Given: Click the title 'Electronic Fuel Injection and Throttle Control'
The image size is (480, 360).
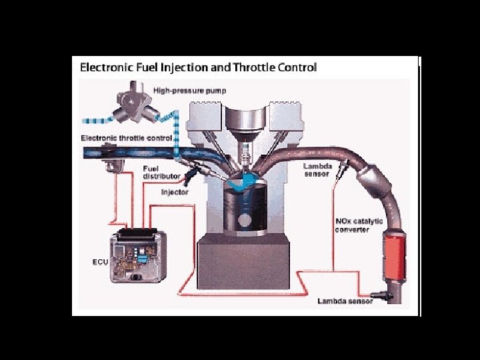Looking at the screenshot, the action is [x=198, y=67].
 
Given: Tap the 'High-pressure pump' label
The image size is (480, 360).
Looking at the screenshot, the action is [x=189, y=91].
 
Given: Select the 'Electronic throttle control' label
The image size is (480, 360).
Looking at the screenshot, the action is [x=126, y=137].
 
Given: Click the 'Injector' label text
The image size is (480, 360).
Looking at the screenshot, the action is [x=175, y=192].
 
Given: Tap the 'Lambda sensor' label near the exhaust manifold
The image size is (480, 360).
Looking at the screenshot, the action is [x=317, y=169].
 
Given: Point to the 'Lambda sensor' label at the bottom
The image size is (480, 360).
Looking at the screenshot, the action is [x=345, y=301].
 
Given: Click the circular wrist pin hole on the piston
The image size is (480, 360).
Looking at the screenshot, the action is [x=245, y=219].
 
